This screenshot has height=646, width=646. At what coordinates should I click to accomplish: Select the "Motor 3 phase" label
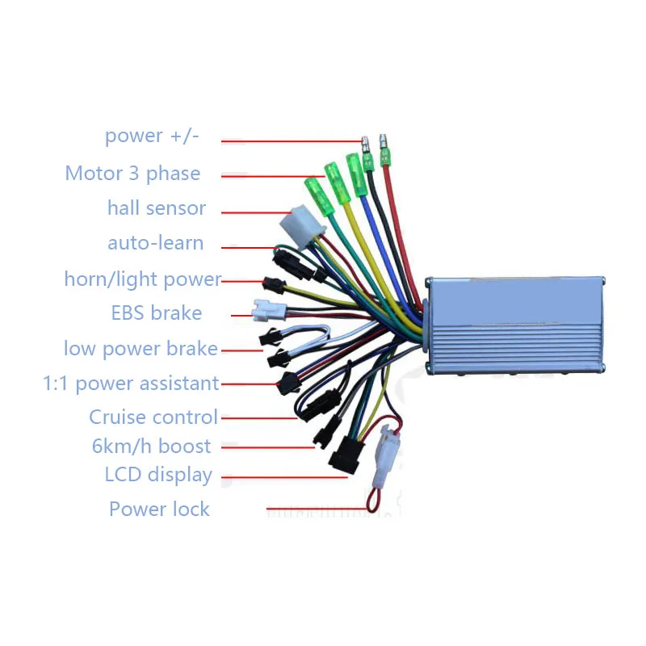(132, 174)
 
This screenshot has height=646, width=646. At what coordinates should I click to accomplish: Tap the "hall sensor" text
(156, 208)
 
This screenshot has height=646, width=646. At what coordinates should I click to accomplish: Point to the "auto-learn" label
(155, 243)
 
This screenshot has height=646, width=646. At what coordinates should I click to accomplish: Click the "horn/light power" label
(142, 279)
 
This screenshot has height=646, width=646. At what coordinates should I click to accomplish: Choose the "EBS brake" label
(156, 313)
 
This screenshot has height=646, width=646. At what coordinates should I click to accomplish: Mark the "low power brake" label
(141, 349)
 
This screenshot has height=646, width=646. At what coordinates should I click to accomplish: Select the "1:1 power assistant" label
(131, 384)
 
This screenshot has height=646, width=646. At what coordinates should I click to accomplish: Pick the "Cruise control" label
(153, 417)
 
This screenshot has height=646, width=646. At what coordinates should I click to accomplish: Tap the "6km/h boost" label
(151, 447)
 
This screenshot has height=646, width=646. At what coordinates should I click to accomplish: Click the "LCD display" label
(158, 475)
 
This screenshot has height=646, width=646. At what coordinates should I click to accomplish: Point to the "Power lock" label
(159, 510)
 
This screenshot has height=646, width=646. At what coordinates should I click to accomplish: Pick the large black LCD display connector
(346, 455)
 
